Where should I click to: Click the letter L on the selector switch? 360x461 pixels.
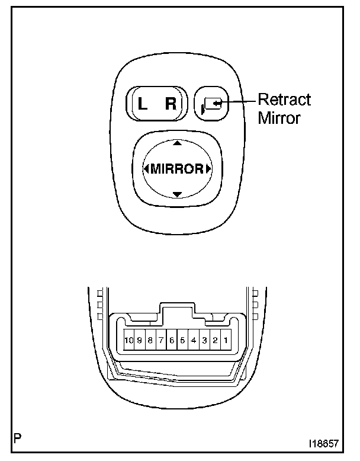[x=142, y=105]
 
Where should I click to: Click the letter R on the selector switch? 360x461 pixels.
[x=171, y=105]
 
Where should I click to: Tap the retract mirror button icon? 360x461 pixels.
[x=211, y=104]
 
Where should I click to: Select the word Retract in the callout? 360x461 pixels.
[x=285, y=100]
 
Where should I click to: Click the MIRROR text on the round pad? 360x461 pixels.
[x=176, y=169]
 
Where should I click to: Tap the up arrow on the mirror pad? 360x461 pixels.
[x=176, y=144]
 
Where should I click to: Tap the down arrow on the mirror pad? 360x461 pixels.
[x=176, y=194]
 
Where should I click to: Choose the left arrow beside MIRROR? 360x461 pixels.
[x=146, y=169]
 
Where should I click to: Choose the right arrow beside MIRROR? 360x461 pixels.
[x=208, y=169]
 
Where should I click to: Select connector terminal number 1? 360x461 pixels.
[x=226, y=341]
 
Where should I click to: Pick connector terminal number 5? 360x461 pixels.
[x=182, y=341]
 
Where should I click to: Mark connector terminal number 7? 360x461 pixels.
[x=161, y=341]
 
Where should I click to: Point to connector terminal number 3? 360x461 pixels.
[x=204, y=341]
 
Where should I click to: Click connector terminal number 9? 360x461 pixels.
[x=140, y=341]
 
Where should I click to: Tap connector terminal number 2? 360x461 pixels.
[x=215, y=341]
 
